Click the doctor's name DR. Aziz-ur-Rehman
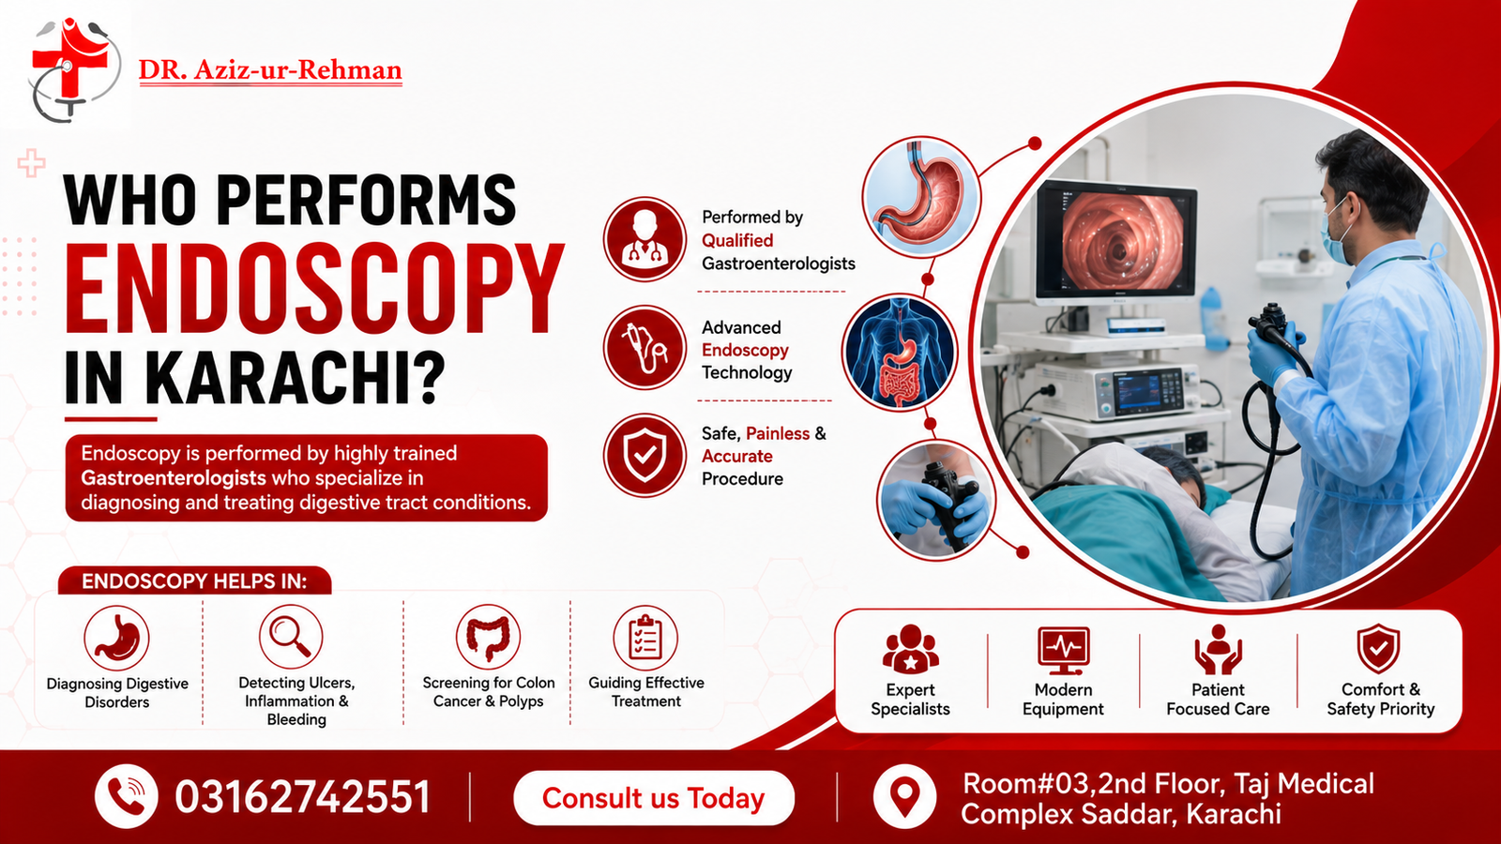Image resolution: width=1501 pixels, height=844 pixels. (270, 70)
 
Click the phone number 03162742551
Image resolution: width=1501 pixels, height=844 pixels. (302, 797)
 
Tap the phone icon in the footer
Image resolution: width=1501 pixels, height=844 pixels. (126, 796)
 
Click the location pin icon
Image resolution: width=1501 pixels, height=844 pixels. (904, 796)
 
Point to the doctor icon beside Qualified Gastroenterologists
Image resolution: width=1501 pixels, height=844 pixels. (644, 238)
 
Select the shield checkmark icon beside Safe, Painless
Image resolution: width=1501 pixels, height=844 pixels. (644, 456)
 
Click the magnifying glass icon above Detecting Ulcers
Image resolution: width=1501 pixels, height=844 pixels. (291, 637)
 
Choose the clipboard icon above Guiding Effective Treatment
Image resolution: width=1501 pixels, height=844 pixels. (645, 637)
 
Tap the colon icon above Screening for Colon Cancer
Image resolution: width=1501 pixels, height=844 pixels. (488, 637)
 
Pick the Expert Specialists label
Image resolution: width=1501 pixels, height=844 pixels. (910, 700)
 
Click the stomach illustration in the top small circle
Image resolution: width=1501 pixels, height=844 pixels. (921, 197)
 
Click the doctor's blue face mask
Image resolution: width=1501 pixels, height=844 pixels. (1338, 234)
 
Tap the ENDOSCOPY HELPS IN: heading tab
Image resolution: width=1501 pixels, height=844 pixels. (194, 580)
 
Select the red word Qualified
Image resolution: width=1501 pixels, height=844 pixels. (737, 240)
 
